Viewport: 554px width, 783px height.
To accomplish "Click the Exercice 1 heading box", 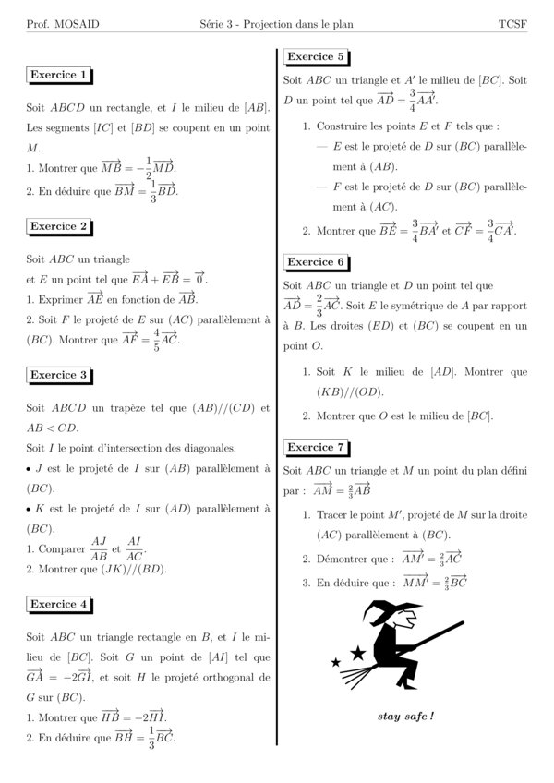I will point(59,75).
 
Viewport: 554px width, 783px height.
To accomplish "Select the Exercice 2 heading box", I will point(59,225).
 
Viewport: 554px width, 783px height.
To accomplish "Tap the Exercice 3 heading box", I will point(59,375).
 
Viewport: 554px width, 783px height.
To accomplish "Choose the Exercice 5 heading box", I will point(316,57).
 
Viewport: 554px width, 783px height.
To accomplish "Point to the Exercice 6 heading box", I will point(316,261).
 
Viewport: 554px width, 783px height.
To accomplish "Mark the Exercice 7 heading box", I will point(316,448).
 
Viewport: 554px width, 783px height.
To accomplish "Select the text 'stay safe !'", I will point(405,716).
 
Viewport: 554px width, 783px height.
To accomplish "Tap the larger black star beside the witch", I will point(357,654).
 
